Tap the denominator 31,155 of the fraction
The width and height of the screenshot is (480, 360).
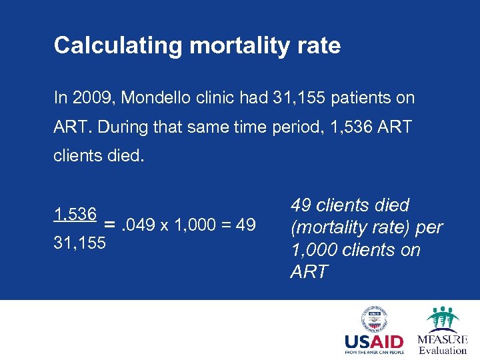click(79, 243)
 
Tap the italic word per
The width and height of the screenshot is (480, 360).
click(429, 227)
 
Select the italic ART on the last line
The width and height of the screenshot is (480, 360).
click(309, 271)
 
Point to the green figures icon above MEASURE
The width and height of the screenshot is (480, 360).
click(443, 319)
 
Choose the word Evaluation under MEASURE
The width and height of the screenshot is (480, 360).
click(443, 350)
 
